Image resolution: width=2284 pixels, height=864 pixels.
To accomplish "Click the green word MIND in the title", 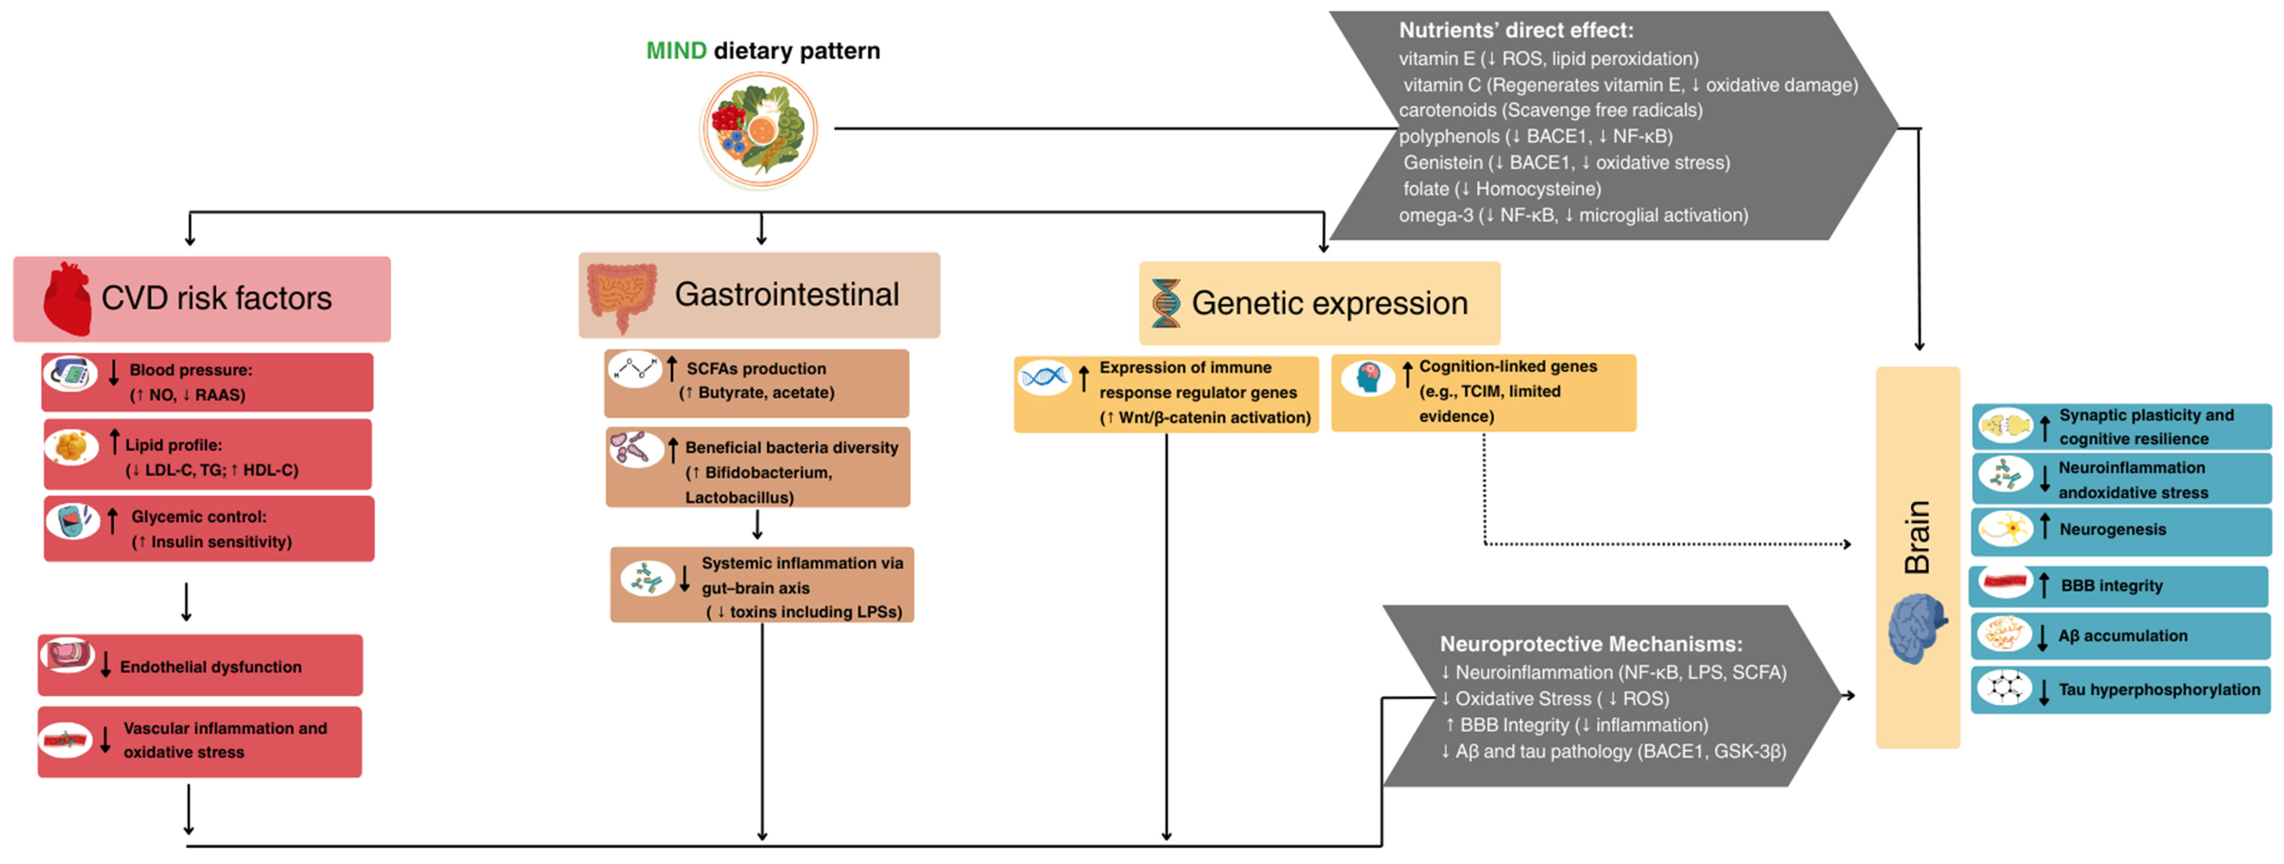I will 676,50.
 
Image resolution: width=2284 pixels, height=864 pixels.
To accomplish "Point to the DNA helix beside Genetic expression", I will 1165,303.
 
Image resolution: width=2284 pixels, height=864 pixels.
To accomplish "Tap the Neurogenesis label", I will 2112,530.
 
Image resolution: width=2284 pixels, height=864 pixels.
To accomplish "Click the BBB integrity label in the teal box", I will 2111,586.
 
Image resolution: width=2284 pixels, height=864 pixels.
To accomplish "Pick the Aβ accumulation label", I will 2123,636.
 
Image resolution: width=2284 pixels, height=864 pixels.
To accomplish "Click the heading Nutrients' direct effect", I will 1515,30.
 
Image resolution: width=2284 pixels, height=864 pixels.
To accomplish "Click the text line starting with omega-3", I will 1573,216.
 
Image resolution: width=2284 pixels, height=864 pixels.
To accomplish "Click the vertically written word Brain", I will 1917,537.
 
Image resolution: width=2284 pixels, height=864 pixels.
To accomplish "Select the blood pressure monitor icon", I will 71,374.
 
